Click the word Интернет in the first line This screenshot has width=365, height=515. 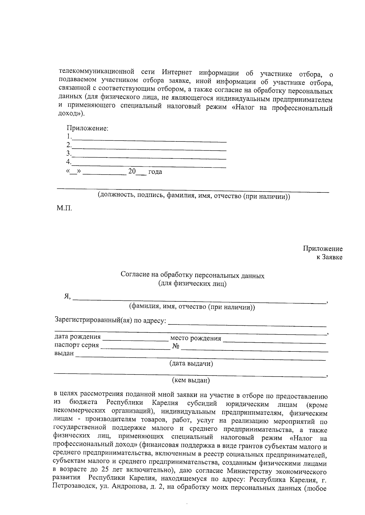(177, 72)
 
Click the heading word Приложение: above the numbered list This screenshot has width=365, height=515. (88, 128)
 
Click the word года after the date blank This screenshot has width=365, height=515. (155, 172)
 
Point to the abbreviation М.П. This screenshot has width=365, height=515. (64, 209)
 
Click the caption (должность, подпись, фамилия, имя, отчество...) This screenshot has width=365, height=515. (194, 196)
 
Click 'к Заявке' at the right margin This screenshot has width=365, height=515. (329, 257)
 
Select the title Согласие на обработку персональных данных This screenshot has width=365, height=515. (193, 276)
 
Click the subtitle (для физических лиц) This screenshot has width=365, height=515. (192, 284)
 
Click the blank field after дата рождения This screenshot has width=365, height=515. (135, 339)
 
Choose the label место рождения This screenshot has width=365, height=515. (196, 338)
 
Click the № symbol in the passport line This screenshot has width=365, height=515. (176, 347)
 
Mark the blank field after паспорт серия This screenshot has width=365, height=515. (135, 347)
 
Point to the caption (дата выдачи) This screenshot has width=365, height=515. (191, 363)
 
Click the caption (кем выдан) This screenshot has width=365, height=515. (191, 380)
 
